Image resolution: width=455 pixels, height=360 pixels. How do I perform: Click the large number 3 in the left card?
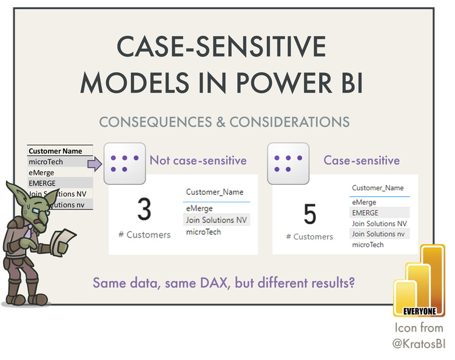[x=144, y=208]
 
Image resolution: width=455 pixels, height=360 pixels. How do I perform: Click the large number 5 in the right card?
[x=309, y=215]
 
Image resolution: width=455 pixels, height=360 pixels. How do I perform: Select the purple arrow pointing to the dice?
[x=95, y=163]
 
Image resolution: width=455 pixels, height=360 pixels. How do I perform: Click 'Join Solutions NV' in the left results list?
[x=217, y=220]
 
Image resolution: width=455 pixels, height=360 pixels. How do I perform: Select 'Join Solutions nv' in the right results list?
[x=379, y=234]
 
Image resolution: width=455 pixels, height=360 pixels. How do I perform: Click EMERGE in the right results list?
[x=365, y=213]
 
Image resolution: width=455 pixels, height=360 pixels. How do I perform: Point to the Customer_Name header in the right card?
[x=377, y=188]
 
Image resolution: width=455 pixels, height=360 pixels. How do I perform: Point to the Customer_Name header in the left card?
[x=214, y=192]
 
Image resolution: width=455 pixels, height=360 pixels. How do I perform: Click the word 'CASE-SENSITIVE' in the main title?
[x=221, y=47]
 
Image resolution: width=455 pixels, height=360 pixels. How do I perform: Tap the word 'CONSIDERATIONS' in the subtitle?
[x=291, y=122]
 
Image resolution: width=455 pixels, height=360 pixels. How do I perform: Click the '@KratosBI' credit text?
[x=418, y=342]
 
